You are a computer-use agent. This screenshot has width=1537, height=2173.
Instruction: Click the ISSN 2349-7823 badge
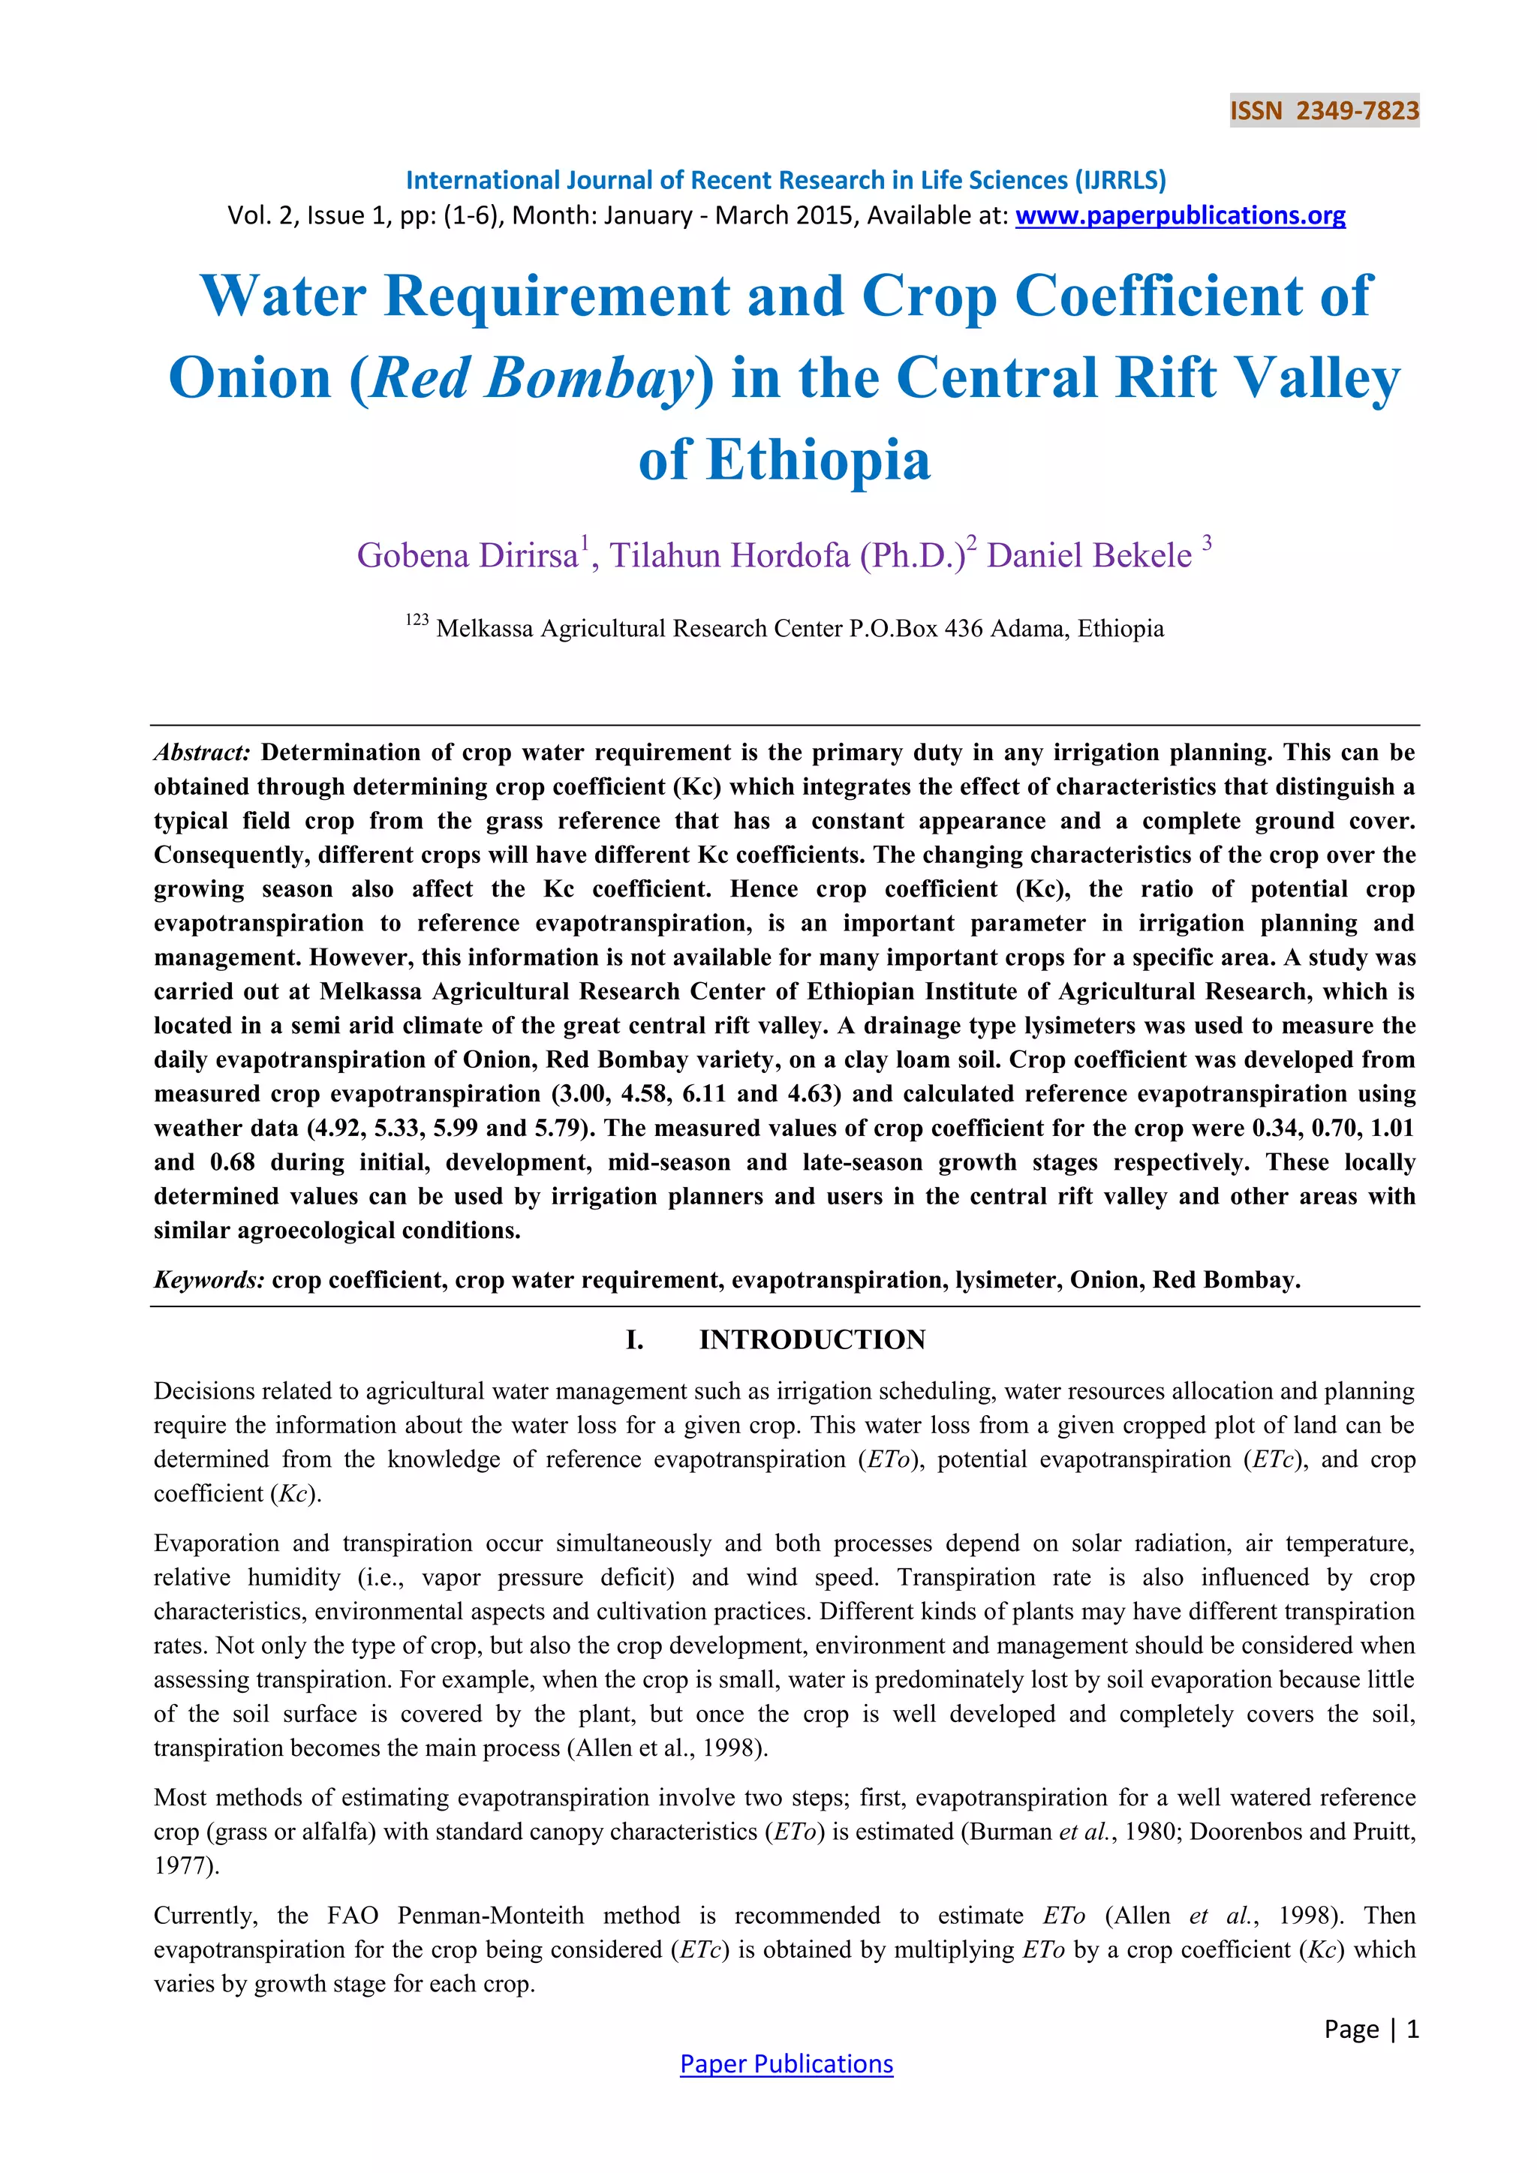coord(1323,111)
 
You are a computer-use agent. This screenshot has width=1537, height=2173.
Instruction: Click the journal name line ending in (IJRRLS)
coord(786,180)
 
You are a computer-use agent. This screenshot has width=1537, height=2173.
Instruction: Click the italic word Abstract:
coord(202,753)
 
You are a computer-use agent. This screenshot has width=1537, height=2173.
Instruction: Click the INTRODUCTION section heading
coord(812,1340)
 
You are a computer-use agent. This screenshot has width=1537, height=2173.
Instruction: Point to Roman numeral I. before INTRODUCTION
coord(635,1340)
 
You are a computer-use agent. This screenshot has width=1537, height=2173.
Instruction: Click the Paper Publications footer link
coord(786,2064)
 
